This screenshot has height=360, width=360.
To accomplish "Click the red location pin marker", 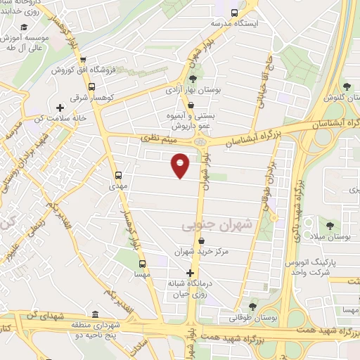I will coord(181,165).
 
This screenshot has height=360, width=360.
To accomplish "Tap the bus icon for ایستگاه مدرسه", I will coord(234,12).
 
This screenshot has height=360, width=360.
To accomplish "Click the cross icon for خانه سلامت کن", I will coord(60,108).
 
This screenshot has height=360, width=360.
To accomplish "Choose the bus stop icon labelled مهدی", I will coord(117,175).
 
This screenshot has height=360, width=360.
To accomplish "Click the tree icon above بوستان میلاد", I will coord(329,226).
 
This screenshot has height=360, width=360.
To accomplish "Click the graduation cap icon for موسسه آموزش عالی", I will coord(25,27).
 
